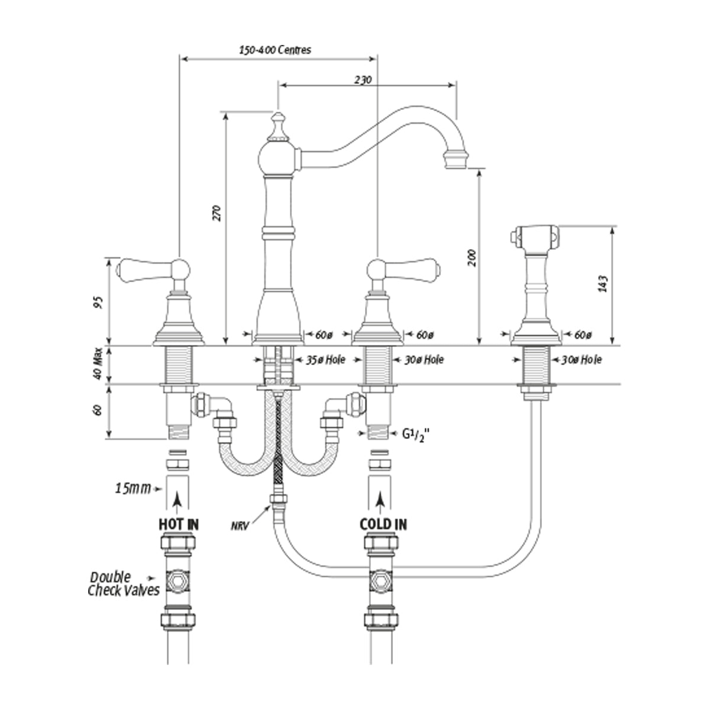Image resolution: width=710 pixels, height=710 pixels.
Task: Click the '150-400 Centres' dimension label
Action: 275,50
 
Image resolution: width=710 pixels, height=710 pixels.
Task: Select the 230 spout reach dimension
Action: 363,79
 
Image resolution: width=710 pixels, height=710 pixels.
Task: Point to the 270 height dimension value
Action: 217,213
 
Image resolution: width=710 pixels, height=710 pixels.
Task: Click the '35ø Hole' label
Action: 324,359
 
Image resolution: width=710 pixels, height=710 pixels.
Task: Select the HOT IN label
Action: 179,524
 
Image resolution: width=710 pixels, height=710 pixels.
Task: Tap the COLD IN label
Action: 383,524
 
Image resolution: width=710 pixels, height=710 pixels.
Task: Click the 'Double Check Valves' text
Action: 123,583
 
